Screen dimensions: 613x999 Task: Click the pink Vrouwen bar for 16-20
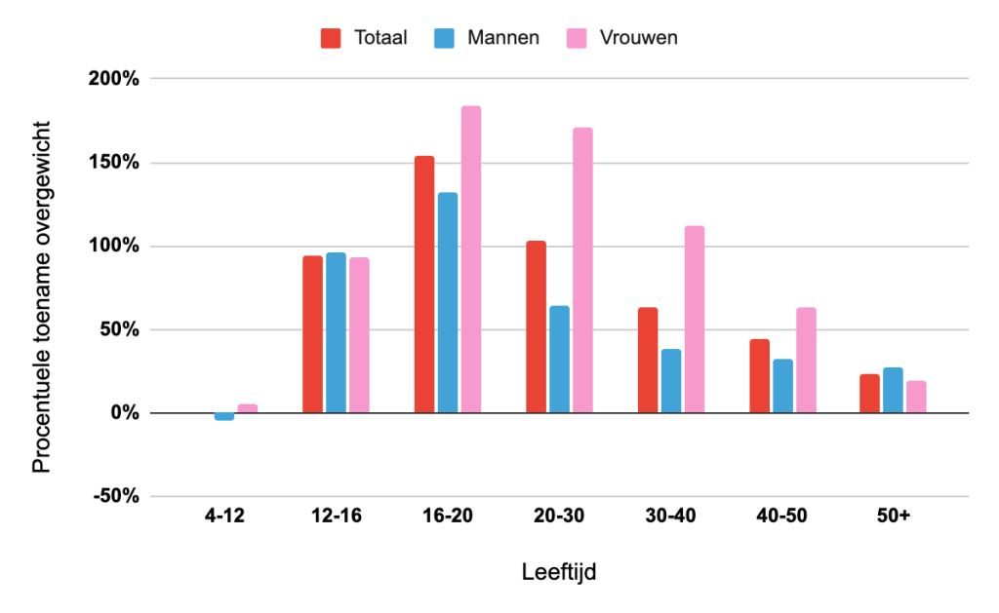[471, 259]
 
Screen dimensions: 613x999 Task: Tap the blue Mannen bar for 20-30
[559, 360]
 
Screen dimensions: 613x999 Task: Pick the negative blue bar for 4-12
[224, 417]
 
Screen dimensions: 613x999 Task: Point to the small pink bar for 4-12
[248, 408]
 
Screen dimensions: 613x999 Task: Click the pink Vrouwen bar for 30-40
[695, 320]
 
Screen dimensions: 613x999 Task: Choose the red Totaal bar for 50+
[869, 394]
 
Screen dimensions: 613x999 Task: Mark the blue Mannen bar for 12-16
[336, 332]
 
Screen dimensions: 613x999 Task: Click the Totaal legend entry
[364, 38]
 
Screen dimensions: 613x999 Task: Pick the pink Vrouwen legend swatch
[577, 38]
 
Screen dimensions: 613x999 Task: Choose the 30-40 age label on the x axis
[670, 516]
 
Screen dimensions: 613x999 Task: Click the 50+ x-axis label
[893, 516]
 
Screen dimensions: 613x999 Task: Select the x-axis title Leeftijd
[559, 572]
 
